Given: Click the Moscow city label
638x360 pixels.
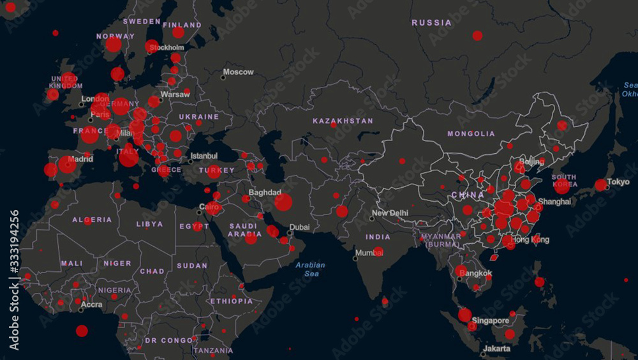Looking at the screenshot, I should [238, 72].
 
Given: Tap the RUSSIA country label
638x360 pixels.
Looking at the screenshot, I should [431, 23].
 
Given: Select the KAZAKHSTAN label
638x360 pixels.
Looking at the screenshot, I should [343, 121].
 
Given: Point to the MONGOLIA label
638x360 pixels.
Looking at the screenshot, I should [471, 134].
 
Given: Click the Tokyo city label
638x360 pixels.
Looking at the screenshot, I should [618, 181].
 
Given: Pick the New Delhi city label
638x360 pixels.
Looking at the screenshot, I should [390, 213].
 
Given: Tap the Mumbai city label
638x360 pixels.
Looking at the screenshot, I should [369, 253].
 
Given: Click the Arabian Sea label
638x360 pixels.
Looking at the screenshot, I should [311, 269].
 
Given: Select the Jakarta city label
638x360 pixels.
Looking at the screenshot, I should [496, 349].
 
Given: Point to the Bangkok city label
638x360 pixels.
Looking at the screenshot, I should [476, 274].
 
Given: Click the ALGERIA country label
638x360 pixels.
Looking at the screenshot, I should [92, 220].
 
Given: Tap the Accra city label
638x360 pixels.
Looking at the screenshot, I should [92, 304].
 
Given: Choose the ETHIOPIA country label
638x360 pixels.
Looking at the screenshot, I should [232, 301].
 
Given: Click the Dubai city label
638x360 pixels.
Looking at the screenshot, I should [299, 227].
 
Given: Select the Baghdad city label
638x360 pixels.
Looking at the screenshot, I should [265, 192].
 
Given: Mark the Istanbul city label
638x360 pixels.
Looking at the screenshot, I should [204, 155].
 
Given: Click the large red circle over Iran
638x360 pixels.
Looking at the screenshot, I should [283, 202].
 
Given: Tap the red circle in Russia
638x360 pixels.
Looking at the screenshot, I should [477, 36].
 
